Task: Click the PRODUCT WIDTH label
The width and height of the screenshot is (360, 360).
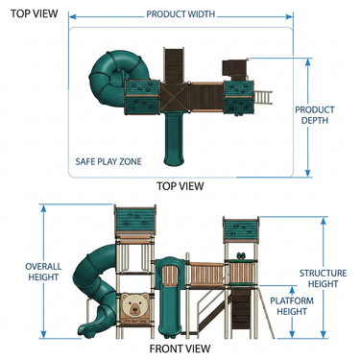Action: coord(180,14)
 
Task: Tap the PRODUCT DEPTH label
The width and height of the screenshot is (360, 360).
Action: coord(315,115)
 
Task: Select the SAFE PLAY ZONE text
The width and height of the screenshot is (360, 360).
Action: coord(108,161)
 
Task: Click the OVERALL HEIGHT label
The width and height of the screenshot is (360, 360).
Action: coord(43,272)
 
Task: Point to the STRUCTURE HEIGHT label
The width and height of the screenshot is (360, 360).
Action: coord(323,278)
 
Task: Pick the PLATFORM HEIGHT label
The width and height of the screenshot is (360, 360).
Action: coord(292,306)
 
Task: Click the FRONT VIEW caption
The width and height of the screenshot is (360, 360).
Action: coord(180,348)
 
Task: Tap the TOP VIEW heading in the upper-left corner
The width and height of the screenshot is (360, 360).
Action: coord(34,13)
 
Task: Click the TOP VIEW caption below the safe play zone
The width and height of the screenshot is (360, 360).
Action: coord(180,186)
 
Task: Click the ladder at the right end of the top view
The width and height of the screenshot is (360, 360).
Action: coord(263,97)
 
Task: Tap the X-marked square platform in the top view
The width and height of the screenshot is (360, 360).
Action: coord(174,97)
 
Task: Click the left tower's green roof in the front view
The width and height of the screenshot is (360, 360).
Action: coord(135,221)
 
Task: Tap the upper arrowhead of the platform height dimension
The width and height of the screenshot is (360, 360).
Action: coord(292,290)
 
